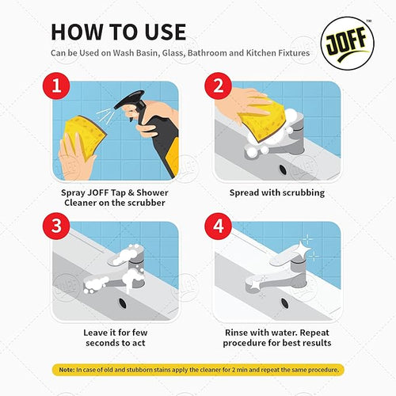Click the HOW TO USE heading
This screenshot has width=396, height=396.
pyautogui.click(x=119, y=32)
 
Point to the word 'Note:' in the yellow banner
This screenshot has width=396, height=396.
pyautogui.click(x=63, y=370)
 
